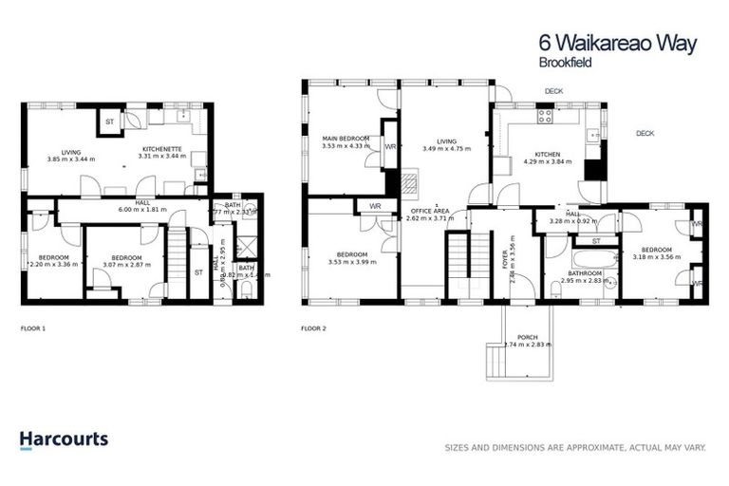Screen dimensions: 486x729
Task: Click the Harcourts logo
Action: coord(64,439)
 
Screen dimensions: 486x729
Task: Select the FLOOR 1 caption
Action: coord(33,328)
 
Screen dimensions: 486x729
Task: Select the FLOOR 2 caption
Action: coord(313,328)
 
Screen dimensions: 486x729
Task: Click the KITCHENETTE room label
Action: coord(156,150)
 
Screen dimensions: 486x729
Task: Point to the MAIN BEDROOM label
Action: coord(342,140)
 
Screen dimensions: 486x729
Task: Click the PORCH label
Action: coord(527,337)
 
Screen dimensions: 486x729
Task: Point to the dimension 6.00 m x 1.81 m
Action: coord(142,209)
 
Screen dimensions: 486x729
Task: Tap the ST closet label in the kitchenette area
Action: coord(110,122)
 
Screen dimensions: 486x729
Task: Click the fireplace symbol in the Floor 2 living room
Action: coord(410,183)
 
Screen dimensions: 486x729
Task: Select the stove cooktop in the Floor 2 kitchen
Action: coord(547,118)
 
